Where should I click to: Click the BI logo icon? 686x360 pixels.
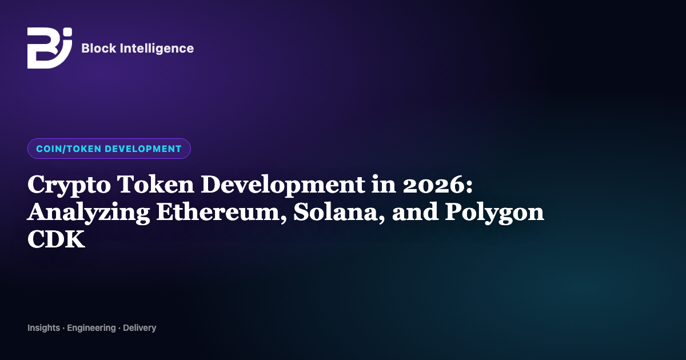(x=50, y=48)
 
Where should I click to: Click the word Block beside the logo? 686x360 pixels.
(x=98, y=49)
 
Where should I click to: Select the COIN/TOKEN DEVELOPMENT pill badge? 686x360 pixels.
(x=109, y=149)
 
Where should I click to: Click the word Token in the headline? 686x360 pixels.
(x=155, y=184)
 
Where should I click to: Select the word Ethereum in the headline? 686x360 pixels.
(x=222, y=212)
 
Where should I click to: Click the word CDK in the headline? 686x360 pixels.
(x=56, y=239)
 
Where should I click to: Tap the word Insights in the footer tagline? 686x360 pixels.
(x=44, y=328)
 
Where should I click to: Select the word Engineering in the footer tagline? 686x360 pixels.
(x=91, y=328)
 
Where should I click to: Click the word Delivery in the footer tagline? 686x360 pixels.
(x=139, y=328)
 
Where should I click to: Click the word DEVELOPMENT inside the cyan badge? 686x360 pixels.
(x=143, y=149)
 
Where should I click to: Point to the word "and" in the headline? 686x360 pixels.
(x=415, y=212)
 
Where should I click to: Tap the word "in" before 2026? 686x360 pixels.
(x=384, y=184)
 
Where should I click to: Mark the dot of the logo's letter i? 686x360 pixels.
(x=68, y=32)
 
